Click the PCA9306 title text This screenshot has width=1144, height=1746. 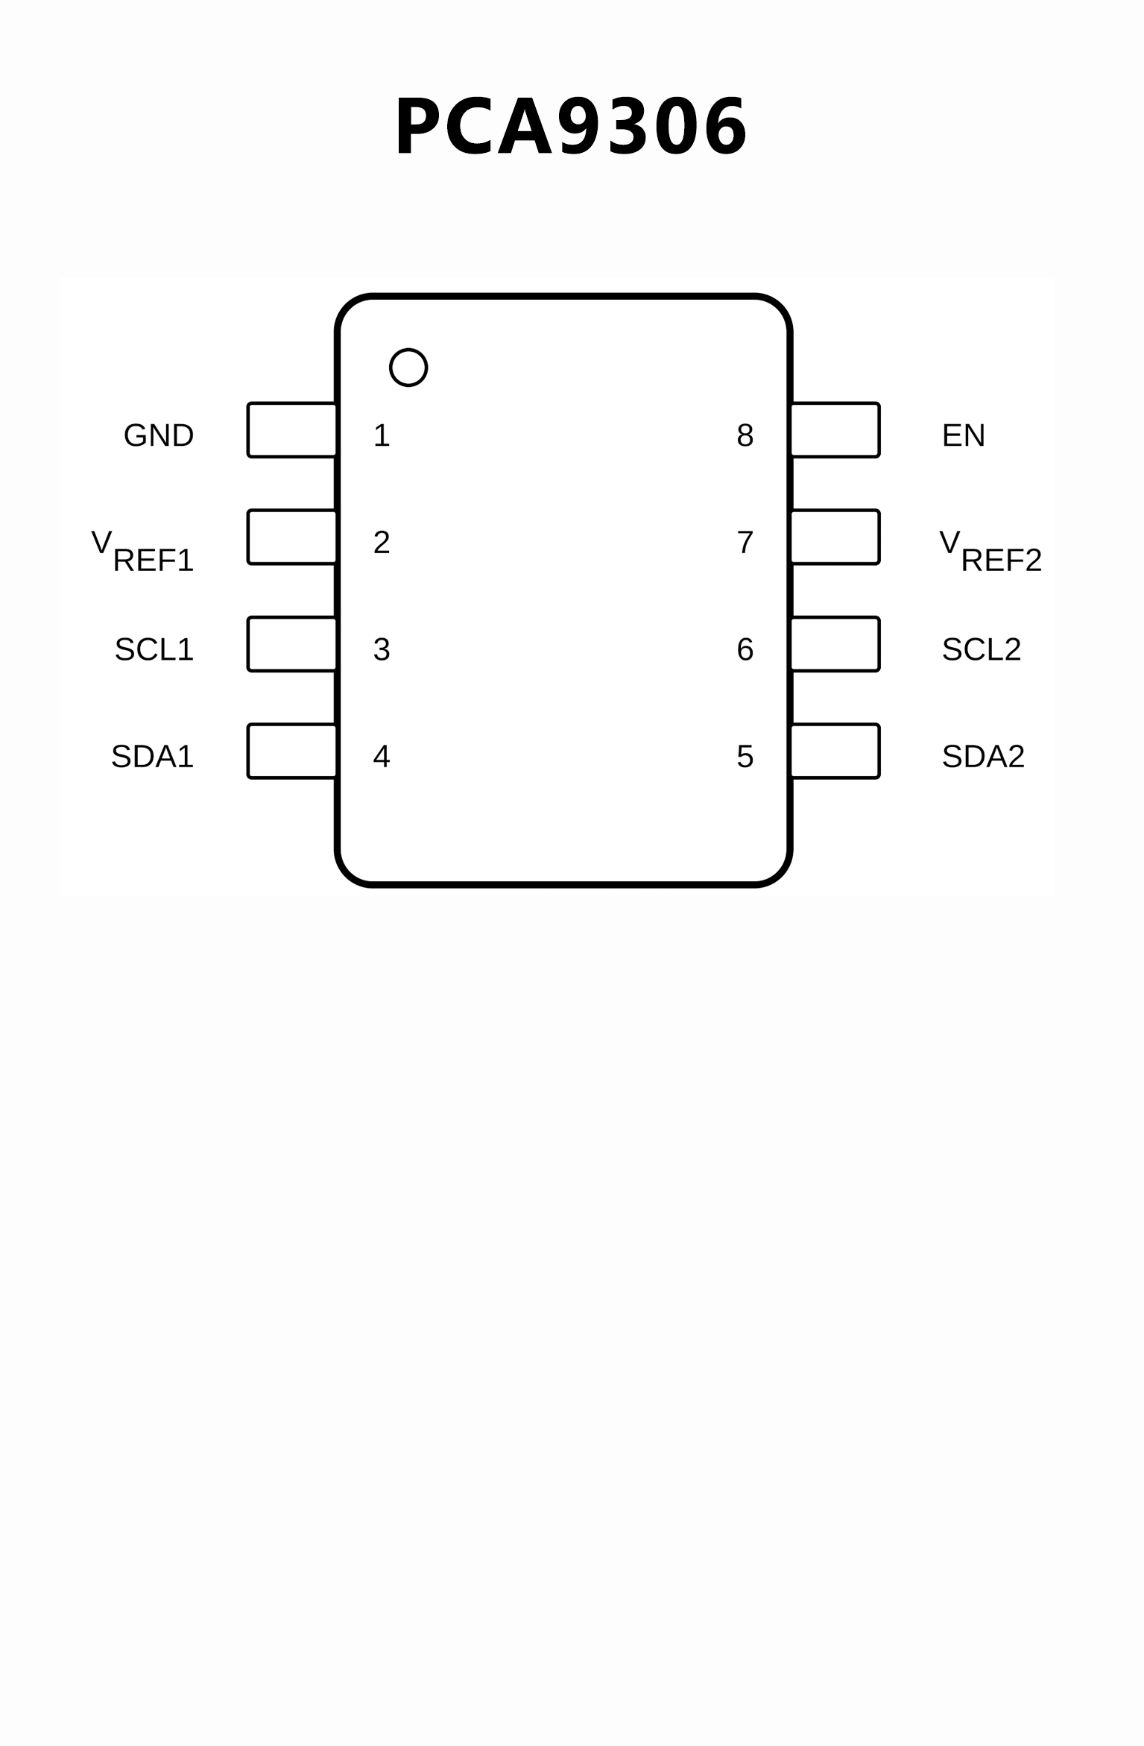click(x=571, y=127)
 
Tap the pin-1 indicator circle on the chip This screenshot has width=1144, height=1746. click(x=408, y=368)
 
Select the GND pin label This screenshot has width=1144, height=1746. click(x=159, y=435)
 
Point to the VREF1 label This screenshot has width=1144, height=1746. click(x=143, y=551)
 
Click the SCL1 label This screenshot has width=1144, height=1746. click(x=154, y=649)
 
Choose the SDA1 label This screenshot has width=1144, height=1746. click(x=153, y=757)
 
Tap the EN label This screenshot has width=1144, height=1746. click(x=964, y=435)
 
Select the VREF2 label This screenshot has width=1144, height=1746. click(x=990, y=551)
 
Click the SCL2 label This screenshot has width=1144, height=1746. click(x=982, y=649)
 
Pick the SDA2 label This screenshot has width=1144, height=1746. click(x=984, y=757)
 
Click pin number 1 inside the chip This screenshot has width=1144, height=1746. click(x=382, y=435)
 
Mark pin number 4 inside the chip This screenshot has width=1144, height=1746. click(x=382, y=757)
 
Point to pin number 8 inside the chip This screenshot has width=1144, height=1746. click(x=745, y=435)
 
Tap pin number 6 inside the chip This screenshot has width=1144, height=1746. click(x=745, y=649)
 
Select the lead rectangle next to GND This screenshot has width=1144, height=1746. click(x=292, y=430)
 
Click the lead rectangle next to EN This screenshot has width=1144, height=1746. click(x=835, y=430)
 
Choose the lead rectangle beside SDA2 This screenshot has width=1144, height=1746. click(x=835, y=751)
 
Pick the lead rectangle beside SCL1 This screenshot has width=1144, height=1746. click(x=292, y=644)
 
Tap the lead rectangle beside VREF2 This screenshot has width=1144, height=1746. click(x=835, y=538)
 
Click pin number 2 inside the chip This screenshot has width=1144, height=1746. click(x=382, y=543)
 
